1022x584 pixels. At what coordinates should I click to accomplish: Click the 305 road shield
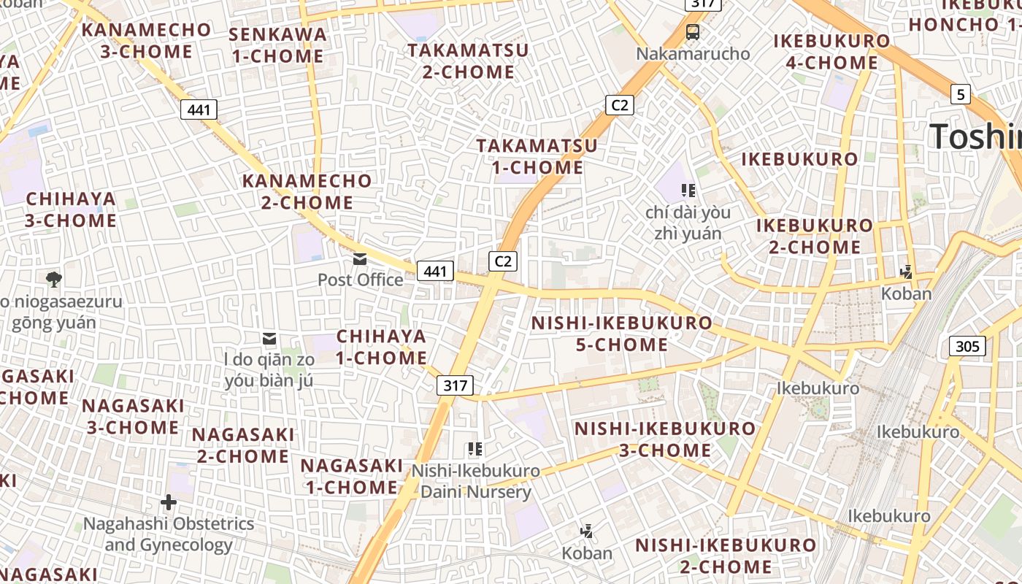click(967, 345)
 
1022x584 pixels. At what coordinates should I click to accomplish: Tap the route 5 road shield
click(961, 93)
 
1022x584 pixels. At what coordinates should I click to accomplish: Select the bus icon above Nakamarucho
click(692, 32)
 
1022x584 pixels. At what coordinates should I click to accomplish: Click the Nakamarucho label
click(692, 54)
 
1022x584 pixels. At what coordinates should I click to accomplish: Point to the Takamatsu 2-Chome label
click(468, 61)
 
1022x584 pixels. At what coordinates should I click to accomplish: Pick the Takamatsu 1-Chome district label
click(537, 156)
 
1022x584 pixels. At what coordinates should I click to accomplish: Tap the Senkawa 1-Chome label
click(277, 45)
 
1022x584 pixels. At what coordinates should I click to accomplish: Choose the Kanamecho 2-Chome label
click(307, 191)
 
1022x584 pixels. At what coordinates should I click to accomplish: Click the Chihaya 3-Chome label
click(71, 210)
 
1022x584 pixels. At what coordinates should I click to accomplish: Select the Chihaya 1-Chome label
click(381, 347)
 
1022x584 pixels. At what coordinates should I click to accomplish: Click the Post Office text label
click(360, 280)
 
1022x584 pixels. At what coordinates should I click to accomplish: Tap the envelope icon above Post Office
click(360, 259)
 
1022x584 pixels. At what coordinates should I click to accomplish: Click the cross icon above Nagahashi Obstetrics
click(169, 502)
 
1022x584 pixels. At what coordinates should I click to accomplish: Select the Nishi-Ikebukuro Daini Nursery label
click(475, 481)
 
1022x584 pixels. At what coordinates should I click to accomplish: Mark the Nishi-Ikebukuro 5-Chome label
click(621, 334)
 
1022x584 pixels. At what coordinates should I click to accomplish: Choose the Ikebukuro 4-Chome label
click(831, 52)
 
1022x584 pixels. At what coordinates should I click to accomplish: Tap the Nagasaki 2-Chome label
click(243, 445)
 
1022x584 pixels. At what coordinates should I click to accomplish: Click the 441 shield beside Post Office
click(435, 272)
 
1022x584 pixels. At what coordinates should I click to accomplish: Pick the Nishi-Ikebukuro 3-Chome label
click(664, 439)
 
